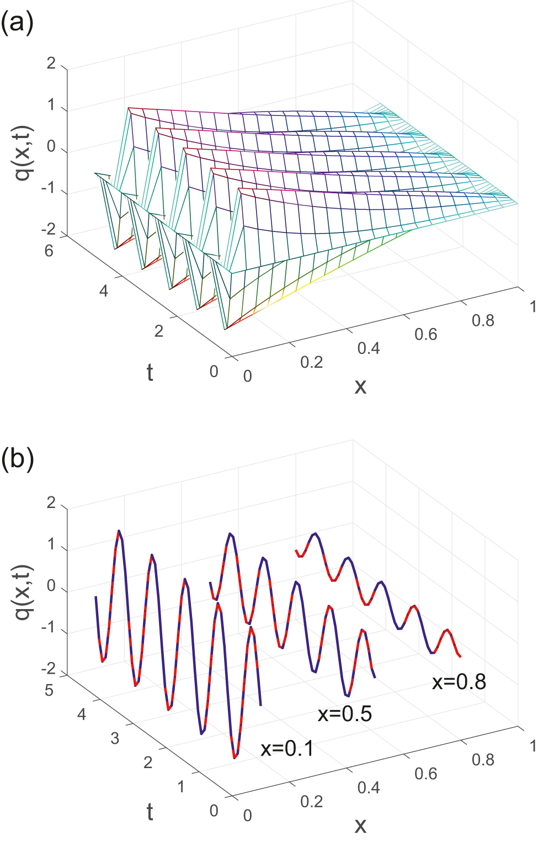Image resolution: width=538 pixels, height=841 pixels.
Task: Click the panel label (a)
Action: (17, 24)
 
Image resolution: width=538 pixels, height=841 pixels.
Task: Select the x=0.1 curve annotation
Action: (287, 749)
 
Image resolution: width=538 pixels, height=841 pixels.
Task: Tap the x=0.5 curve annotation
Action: (345, 714)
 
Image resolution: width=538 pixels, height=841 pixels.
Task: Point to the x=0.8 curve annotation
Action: (459, 682)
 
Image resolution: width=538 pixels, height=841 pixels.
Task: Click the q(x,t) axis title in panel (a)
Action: (24, 153)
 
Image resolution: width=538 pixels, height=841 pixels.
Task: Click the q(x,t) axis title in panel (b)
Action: (24, 592)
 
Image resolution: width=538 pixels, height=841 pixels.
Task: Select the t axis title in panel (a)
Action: (150, 373)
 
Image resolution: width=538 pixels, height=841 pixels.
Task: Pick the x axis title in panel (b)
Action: (360, 825)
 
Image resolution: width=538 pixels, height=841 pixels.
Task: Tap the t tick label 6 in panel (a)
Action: (49, 251)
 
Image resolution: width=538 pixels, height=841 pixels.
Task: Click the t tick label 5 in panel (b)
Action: (49, 690)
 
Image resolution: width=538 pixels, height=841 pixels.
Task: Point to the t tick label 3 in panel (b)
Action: (115, 738)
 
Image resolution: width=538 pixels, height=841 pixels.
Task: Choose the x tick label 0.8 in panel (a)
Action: (483, 320)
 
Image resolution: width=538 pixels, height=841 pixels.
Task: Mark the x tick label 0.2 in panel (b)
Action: (311, 801)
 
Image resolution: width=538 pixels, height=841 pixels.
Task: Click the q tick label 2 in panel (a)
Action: (51, 64)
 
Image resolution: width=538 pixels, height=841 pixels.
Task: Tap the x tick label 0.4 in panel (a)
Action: (369, 348)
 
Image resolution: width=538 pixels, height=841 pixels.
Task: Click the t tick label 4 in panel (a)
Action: (104, 291)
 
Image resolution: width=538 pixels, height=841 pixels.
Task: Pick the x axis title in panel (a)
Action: (360, 386)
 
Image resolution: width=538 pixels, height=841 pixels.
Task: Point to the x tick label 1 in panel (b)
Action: (532, 746)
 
